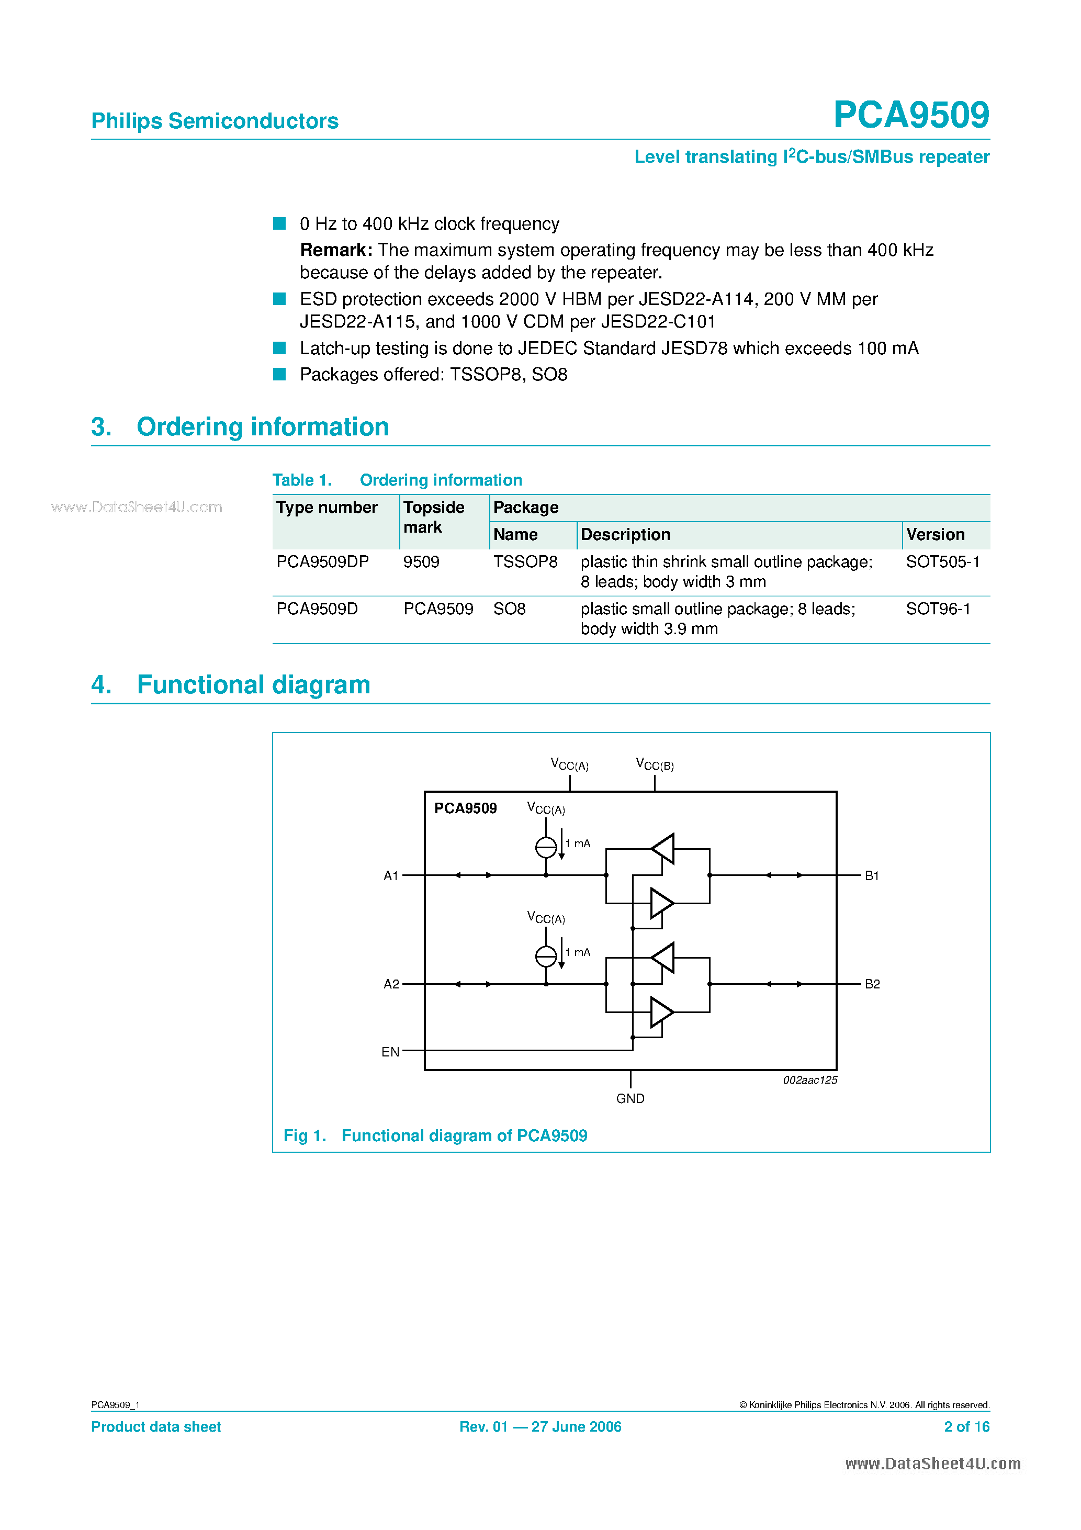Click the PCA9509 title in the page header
coord(910,115)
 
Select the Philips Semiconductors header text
coord(215,121)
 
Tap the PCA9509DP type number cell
coord(322,562)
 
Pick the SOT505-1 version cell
coord(942,562)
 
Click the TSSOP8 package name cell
coord(525,562)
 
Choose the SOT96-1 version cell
coord(938,609)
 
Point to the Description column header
coord(625,534)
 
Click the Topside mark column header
coord(434,517)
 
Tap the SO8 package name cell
coord(509,609)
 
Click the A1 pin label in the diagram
coord(390,875)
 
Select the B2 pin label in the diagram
coord(872,984)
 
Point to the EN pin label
coord(390,1052)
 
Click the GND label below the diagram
coord(630,1098)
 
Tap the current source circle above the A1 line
coord(546,847)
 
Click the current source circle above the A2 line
coord(546,957)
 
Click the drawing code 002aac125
coord(810,1080)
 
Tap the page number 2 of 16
coord(966,1427)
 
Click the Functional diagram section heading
coord(253,684)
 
